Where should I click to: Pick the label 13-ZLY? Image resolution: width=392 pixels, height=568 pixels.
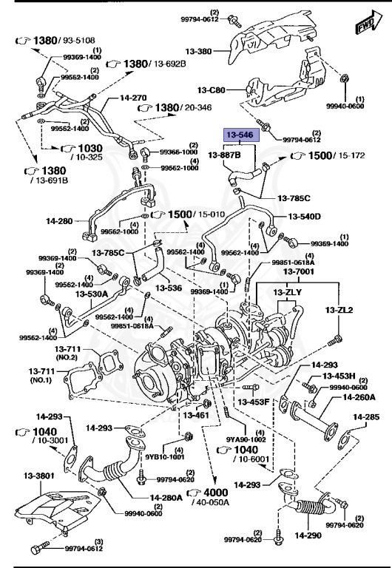point(288,293)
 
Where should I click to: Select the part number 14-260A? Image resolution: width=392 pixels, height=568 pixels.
point(359,397)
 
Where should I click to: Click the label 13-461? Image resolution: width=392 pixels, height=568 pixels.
point(196,415)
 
